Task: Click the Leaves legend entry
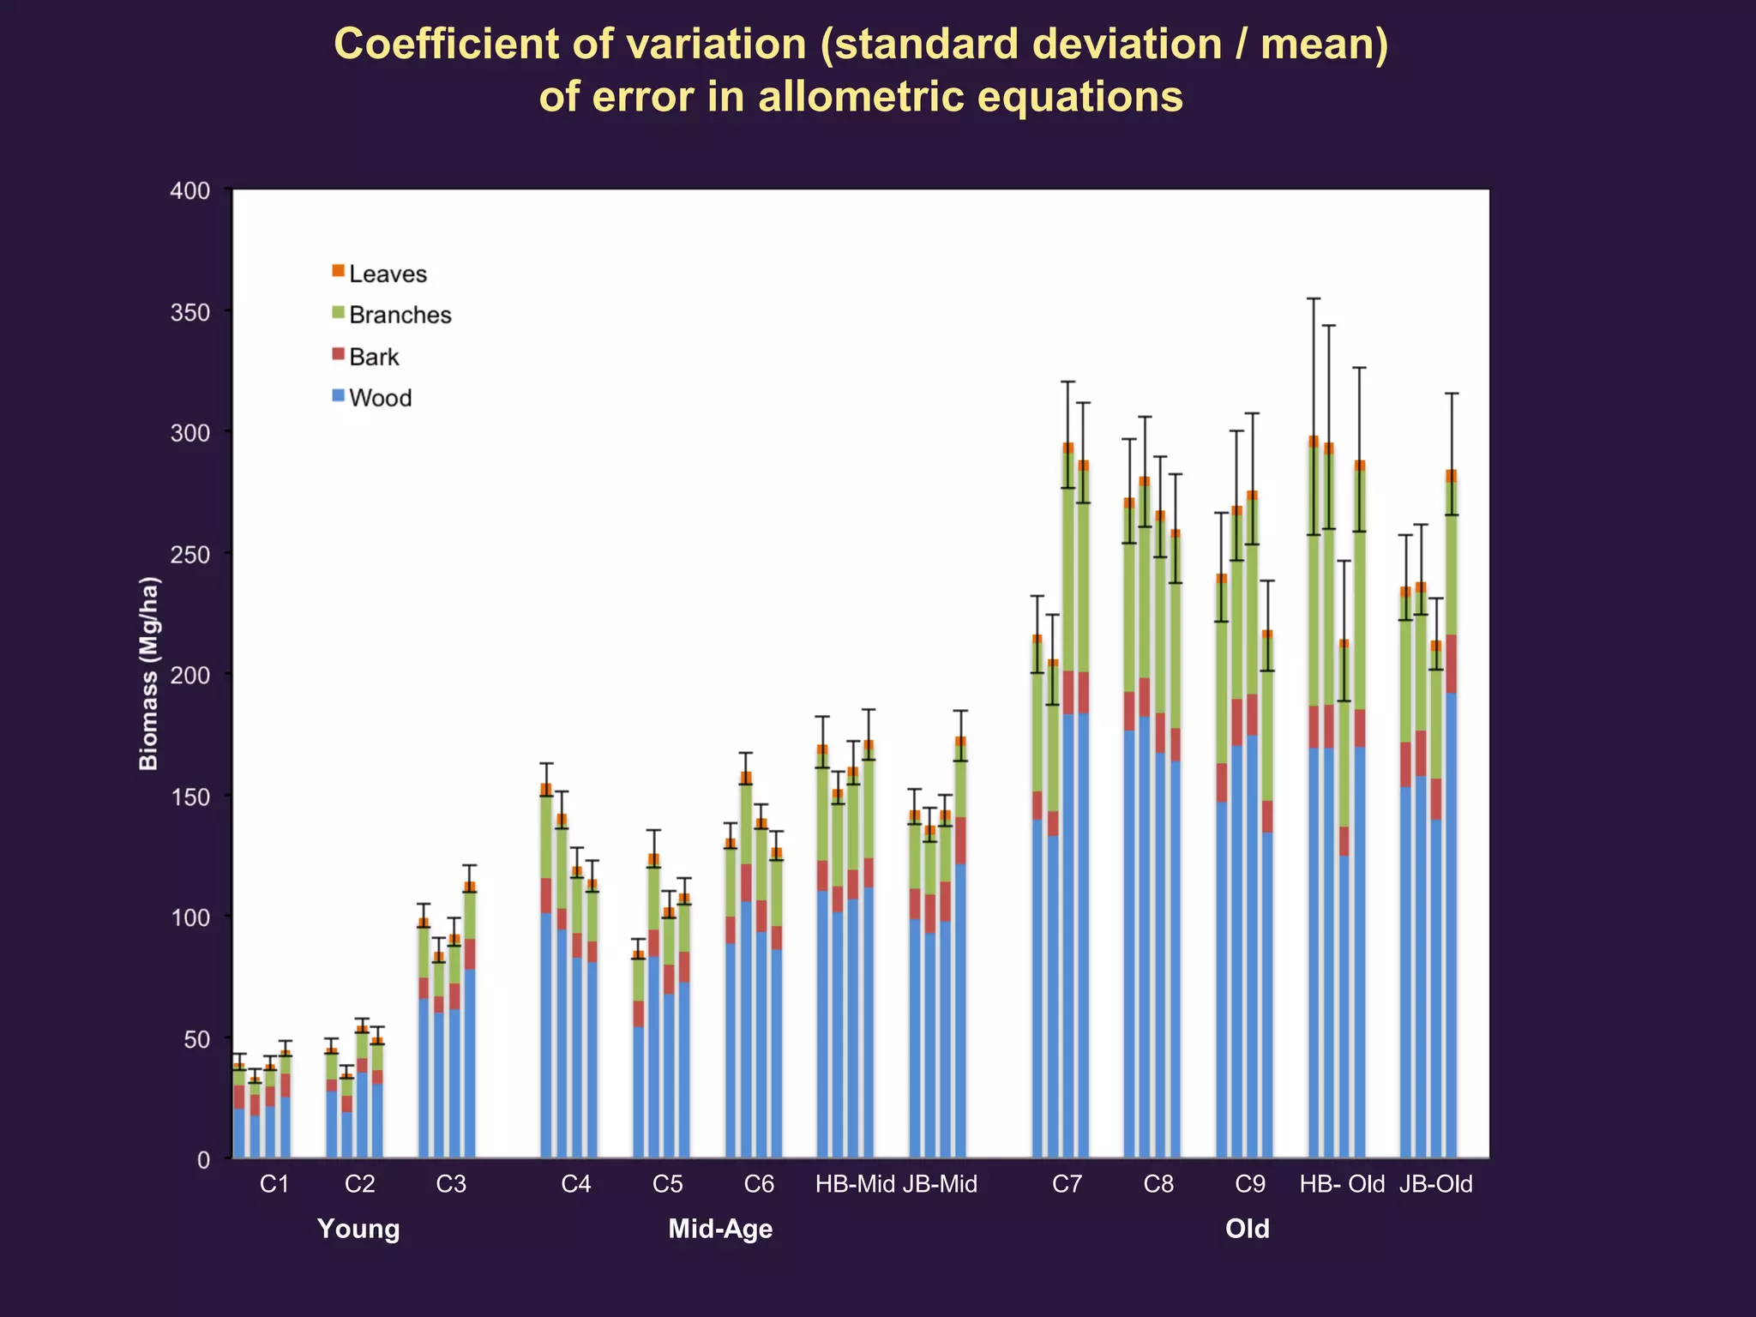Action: point(387,274)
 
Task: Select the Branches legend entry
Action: point(399,316)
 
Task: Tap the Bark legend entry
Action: point(373,357)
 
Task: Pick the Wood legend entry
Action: point(379,398)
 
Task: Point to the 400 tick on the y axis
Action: point(190,191)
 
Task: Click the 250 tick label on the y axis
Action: point(190,555)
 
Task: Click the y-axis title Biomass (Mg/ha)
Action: point(149,674)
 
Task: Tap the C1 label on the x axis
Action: point(274,1185)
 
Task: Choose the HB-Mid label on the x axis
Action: point(855,1185)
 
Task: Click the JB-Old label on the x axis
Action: point(1435,1185)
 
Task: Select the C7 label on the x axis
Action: point(1067,1185)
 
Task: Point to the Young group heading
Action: point(358,1230)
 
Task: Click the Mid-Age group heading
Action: point(720,1230)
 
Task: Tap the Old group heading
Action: point(1247,1230)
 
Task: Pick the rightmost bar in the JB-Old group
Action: point(1451,857)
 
